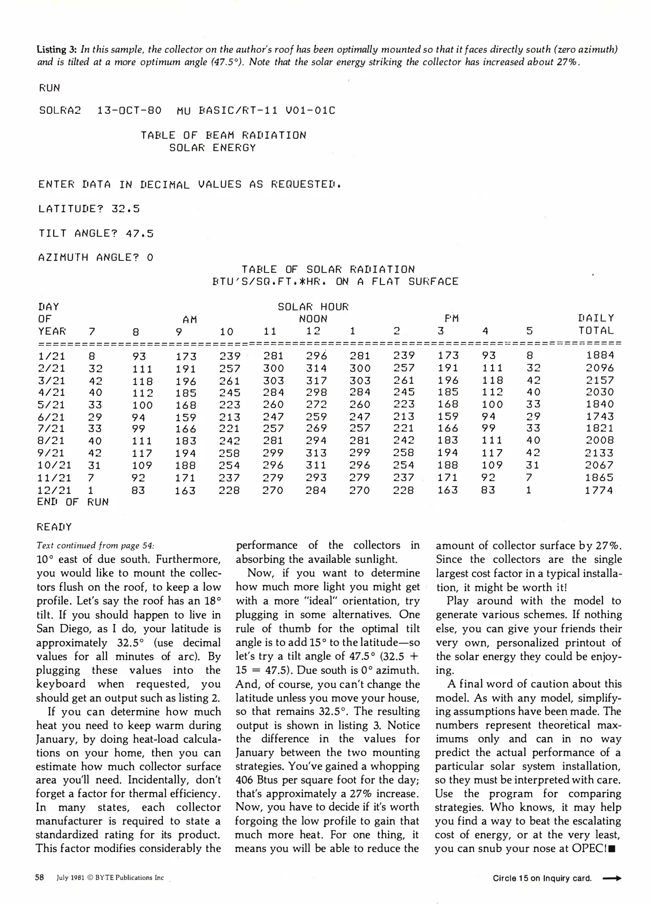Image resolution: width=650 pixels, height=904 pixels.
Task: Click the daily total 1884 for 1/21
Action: click(600, 355)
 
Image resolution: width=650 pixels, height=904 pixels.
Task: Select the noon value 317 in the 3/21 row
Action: click(316, 380)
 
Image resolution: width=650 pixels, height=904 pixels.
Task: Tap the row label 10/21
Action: click(54, 465)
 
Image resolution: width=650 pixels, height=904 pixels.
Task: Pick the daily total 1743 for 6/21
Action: click(600, 416)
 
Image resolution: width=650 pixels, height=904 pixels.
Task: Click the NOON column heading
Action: click(313, 319)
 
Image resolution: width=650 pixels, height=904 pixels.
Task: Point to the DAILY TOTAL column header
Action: click(596, 324)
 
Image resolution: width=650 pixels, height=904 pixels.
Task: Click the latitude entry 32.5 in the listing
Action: click(125, 209)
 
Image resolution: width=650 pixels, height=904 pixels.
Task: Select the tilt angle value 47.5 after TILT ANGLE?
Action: click(140, 233)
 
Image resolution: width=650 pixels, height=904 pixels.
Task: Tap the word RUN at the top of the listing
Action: click(50, 88)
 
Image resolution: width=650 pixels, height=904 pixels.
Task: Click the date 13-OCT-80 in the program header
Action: click(129, 110)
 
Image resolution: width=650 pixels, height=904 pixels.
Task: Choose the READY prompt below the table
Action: click(54, 527)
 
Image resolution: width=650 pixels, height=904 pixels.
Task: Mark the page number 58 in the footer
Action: click(40, 878)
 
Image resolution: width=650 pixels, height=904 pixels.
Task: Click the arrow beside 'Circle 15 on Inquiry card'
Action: click(612, 878)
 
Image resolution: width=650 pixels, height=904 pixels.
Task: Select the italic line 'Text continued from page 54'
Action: click(95, 545)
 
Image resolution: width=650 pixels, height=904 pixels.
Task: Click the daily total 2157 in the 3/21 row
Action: click(600, 380)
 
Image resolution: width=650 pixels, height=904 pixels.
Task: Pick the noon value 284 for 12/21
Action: click(316, 490)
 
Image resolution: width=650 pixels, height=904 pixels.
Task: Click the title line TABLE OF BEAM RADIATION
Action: click(223, 135)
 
